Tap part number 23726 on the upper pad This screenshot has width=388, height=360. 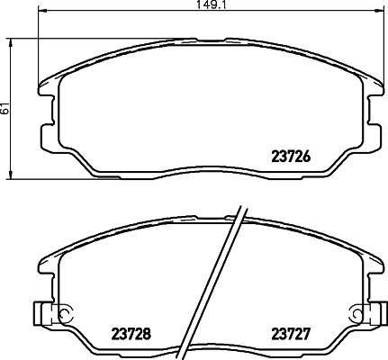coord(291,156)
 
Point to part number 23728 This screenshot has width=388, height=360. coord(131,332)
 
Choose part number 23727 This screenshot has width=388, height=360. coord(291,332)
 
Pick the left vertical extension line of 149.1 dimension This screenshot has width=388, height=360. coord(41,45)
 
